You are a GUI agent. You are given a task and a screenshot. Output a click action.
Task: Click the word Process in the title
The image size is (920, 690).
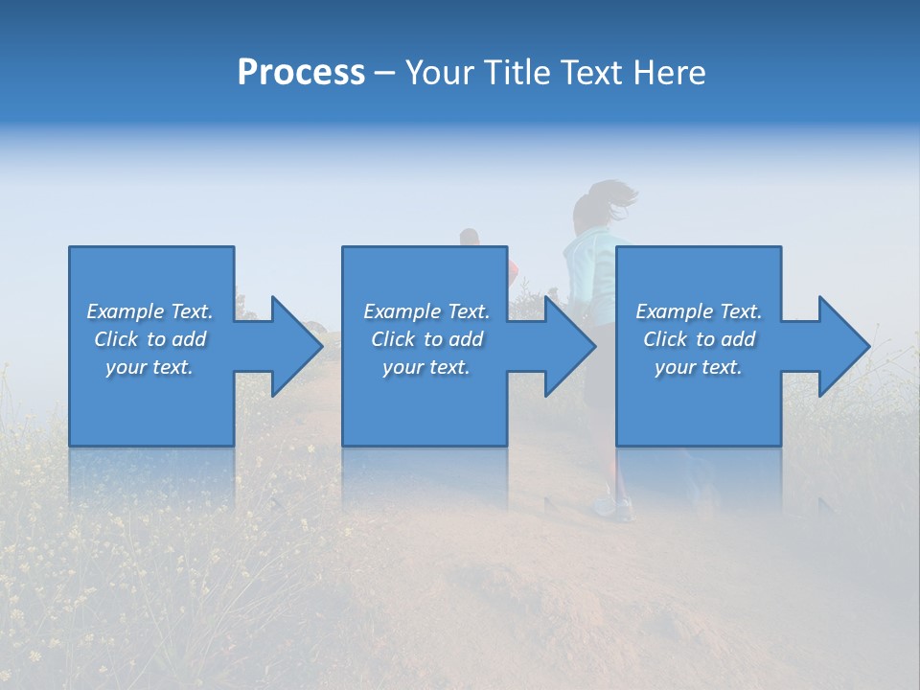[301, 73]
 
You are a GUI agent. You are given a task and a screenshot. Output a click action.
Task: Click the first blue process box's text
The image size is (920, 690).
[150, 339]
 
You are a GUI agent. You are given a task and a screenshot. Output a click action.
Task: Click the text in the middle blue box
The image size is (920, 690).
[426, 339]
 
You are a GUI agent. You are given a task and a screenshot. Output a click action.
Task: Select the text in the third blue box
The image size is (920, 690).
[699, 339]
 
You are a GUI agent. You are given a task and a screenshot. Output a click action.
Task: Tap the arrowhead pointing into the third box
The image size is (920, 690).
[569, 346]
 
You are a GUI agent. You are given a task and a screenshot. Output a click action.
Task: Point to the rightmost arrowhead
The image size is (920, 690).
[843, 346]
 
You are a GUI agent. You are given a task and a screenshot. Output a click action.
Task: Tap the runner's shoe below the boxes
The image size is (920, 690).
[606, 506]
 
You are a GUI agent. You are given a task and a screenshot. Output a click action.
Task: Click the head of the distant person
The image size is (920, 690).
[469, 237]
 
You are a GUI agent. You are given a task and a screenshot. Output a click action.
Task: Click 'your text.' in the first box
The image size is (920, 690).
[149, 367]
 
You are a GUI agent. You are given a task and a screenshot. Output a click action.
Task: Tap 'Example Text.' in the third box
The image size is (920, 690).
[699, 311]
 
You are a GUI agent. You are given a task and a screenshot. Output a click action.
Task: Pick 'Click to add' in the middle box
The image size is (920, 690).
[426, 339]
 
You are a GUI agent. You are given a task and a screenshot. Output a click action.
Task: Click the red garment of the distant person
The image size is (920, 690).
[514, 267]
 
